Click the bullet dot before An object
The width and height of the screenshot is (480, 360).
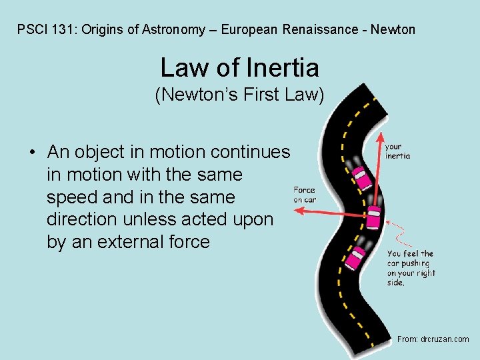[32, 153]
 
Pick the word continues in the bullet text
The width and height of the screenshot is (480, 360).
[250, 152]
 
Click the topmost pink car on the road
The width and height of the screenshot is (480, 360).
[361, 177]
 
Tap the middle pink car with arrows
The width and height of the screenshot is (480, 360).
[374, 215]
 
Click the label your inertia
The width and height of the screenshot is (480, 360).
[397, 151]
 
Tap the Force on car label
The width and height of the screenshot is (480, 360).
[304, 195]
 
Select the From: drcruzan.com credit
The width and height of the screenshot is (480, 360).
[433, 339]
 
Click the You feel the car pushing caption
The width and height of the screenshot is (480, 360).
[411, 268]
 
